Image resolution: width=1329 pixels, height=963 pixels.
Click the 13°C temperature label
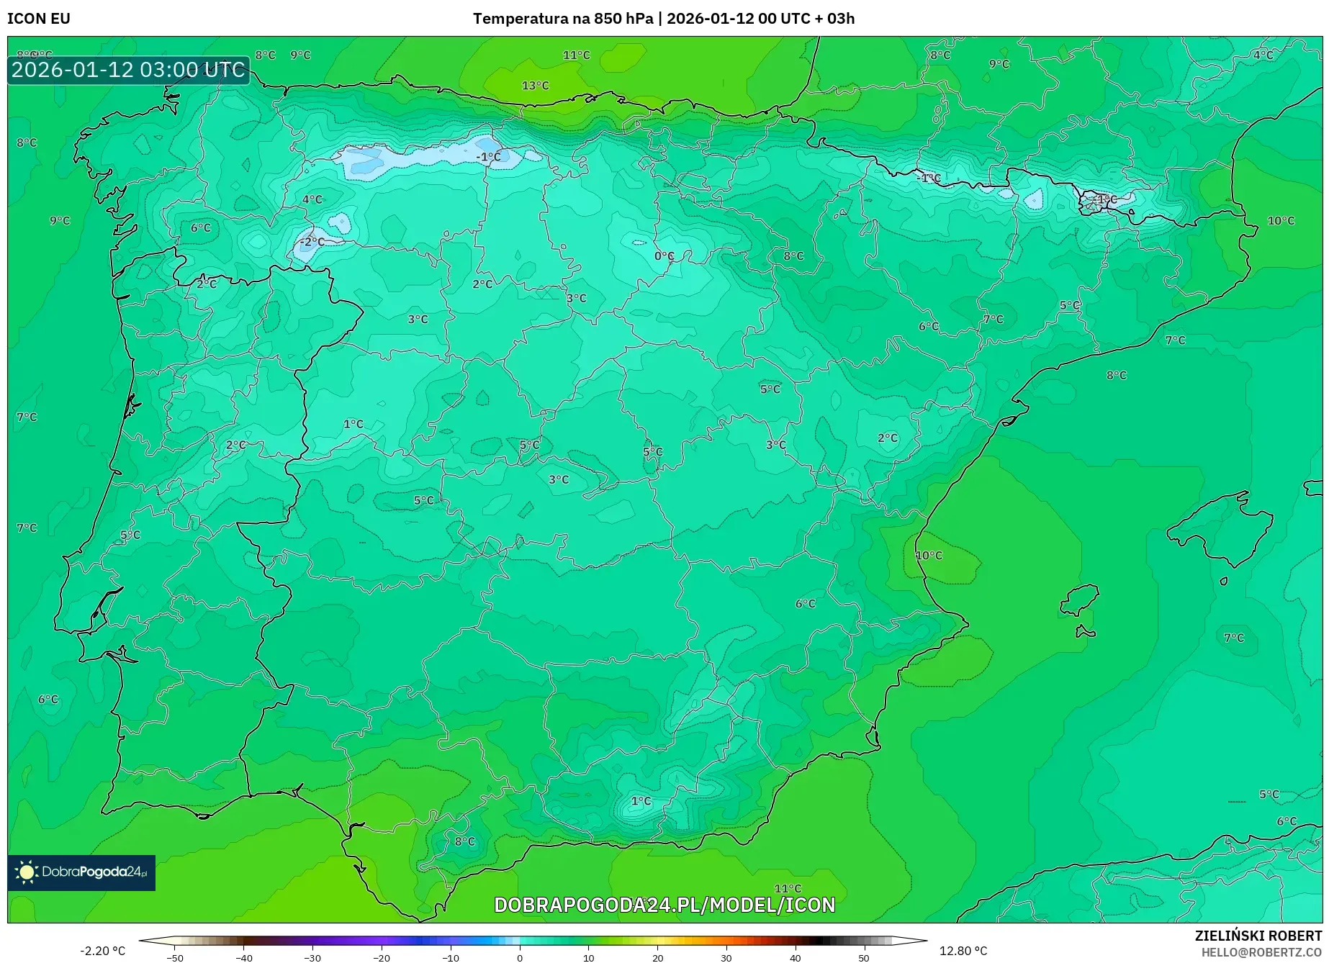click(x=535, y=86)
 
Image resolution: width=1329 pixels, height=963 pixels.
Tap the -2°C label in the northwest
click(x=312, y=242)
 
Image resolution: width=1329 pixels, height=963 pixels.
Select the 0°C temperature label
click(x=664, y=256)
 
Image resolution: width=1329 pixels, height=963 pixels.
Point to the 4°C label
click(x=312, y=199)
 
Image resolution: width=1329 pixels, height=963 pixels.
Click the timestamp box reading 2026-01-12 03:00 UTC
click(x=128, y=70)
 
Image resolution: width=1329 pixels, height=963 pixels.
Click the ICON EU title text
click(x=39, y=19)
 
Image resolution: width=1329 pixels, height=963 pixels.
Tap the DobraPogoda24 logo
click(x=81, y=872)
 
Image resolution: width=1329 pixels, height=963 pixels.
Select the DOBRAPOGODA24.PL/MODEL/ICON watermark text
click(x=664, y=905)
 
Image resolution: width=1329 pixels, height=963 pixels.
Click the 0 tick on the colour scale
click(x=520, y=957)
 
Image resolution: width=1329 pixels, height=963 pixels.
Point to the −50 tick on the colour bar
click(x=175, y=957)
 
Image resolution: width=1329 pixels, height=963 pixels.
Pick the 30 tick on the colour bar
click(x=726, y=957)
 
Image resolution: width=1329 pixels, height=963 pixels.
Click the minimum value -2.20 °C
click(x=102, y=951)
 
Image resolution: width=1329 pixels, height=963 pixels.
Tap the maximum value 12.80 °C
click(x=963, y=951)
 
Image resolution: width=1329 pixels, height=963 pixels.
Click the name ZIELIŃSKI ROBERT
click(x=1258, y=936)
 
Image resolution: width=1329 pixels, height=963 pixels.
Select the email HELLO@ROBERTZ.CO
click(x=1261, y=952)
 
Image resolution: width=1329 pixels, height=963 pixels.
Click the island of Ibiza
click(x=1080, y=600)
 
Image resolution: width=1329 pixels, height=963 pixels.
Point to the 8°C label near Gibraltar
click(x=464, y=841)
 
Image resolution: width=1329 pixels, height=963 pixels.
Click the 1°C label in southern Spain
click(x=641, y=801)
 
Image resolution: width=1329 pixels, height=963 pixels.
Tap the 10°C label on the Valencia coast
click(x=928, y=556)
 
